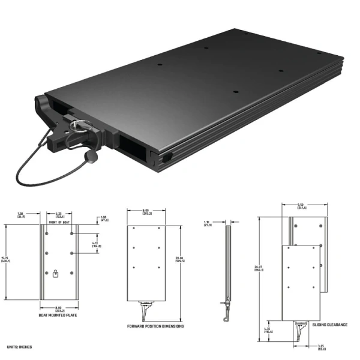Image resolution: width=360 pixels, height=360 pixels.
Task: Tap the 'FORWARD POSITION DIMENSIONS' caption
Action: pyautogui.click(x=155, y=326)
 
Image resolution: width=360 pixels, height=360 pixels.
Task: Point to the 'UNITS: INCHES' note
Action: pyautogui.click(x=20, y=347)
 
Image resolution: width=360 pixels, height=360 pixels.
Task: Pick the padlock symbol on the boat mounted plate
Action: pyautogui.click(x=55, y=274)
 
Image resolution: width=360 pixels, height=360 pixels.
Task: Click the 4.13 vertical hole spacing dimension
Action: pyautogui.click(x=96, y=244)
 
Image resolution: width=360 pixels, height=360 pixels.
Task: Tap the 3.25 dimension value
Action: pyautogui.click(x=320, y=347)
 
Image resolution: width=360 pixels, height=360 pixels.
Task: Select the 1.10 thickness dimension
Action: pyautogui.click(x=207, y=223)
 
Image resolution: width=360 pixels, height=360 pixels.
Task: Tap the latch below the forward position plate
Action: pyautogui.click(x=146, y=310)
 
